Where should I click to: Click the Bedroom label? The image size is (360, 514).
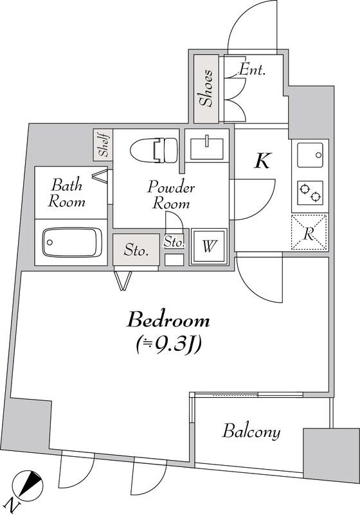point(168,320)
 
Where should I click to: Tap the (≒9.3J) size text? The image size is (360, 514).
point(168,344)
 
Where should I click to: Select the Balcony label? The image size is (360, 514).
point(251,431)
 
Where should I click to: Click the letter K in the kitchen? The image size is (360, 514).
point(262,161)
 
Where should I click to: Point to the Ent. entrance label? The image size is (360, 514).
point(252,69)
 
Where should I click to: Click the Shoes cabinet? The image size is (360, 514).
point(206,89)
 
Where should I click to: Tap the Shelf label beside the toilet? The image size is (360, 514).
point(104,145)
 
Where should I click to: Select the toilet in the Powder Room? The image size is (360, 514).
point(154,150)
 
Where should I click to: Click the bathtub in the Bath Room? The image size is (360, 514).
point(72,242)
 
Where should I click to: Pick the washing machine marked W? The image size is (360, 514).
point(209,246)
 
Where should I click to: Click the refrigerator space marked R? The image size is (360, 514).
point(309,232)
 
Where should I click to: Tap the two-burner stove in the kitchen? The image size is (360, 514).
point(310,192)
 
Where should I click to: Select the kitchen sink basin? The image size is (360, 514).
point(310,155)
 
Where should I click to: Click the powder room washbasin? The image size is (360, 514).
point(207,148)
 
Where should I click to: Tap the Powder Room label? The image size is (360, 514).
point(171,195)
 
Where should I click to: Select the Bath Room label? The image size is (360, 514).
point(67,193)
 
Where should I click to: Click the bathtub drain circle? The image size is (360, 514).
point(50,242)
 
